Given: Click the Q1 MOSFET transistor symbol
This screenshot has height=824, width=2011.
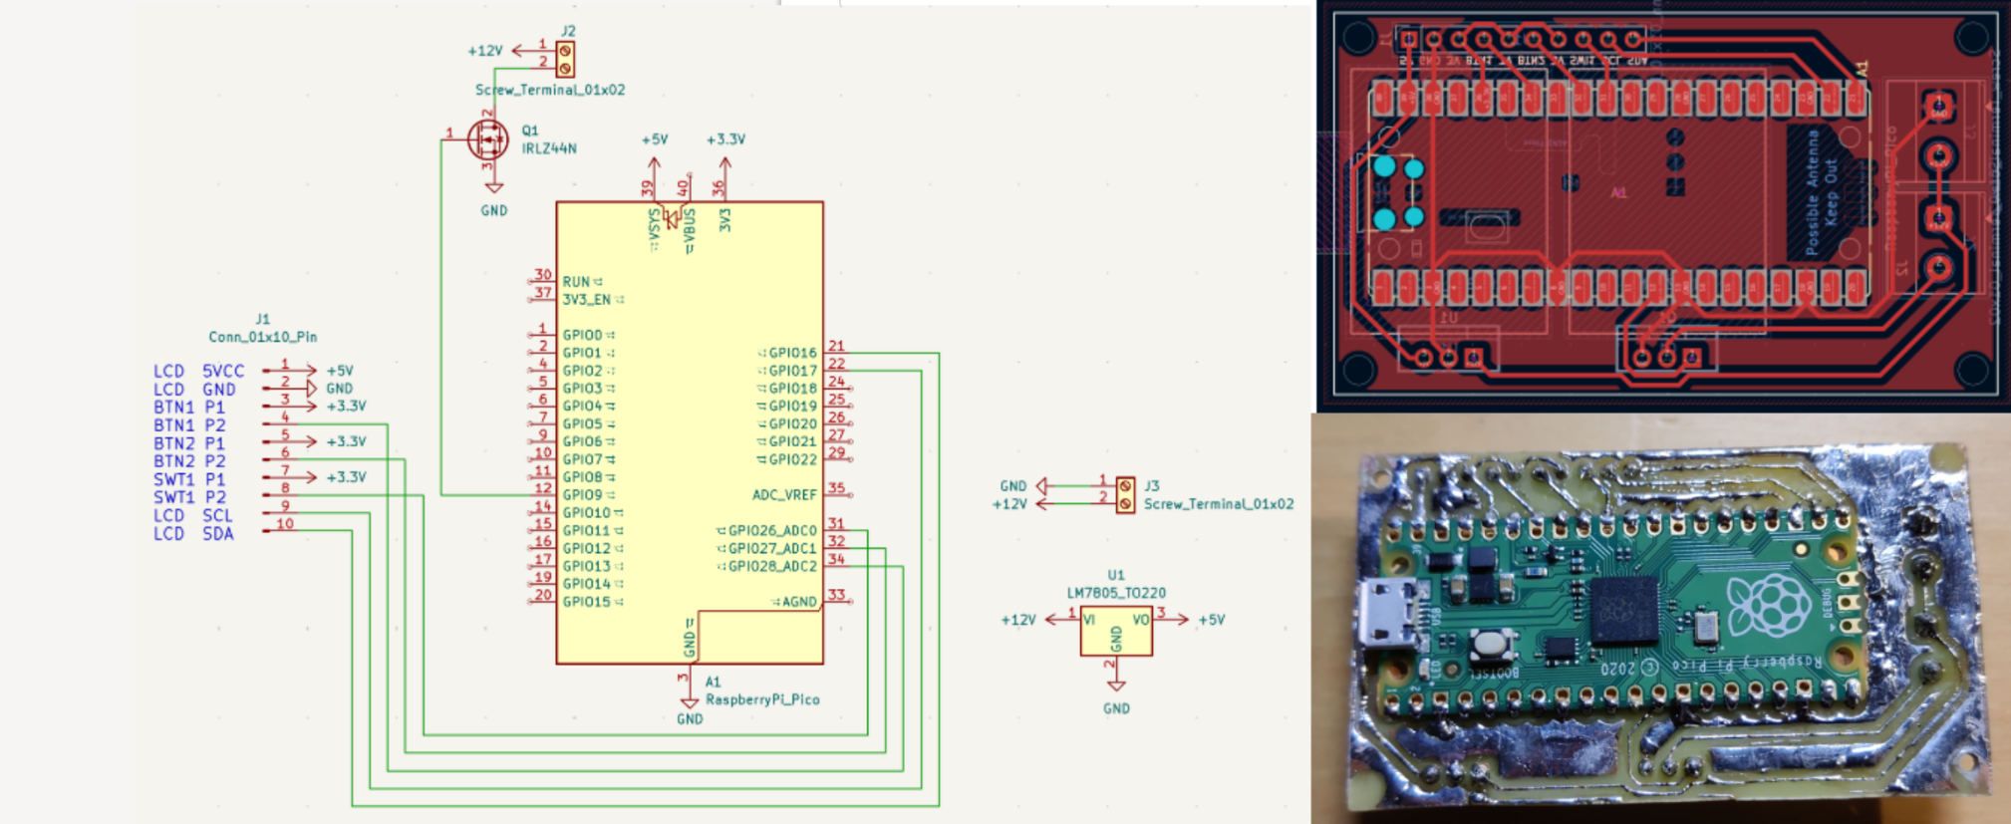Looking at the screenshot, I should pyautogui.click(x=487, y=140).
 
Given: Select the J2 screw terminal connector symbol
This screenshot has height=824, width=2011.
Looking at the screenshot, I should pyautogui.click(x=565, y=59).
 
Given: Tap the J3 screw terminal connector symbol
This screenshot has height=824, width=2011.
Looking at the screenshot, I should pyautogui.click(x=1125, y=494).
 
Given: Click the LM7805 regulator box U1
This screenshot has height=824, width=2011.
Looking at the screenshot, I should pyautogui.click(x=1116, y=630).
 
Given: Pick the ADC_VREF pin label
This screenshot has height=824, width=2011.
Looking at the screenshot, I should pyautogui.click(x=784, y=495).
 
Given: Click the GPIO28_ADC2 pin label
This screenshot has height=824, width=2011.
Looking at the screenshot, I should pyautogui.click(x=772, y=566).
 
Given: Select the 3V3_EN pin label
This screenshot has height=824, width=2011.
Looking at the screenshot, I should pyautogui.click(x=587, y=299).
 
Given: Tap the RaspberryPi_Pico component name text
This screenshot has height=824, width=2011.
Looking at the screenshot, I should pyautogui.click(x=762, y=699).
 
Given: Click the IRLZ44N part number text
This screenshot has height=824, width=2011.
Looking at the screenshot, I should pyautogui.click(x=549, y=148).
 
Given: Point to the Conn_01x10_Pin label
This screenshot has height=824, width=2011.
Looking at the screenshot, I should pyautogui.click(x=263, y=337).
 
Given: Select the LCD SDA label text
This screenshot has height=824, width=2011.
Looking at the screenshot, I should pyautogui.click(x=193, y=534).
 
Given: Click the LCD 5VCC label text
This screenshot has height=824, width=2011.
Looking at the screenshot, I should pyautogui.click(x=198, y=371).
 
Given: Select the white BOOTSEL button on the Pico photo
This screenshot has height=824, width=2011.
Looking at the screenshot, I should pyautogui.click(x=1488, y=644).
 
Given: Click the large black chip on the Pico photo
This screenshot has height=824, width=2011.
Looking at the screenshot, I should pyautogui.click(x=1624, y=610).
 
